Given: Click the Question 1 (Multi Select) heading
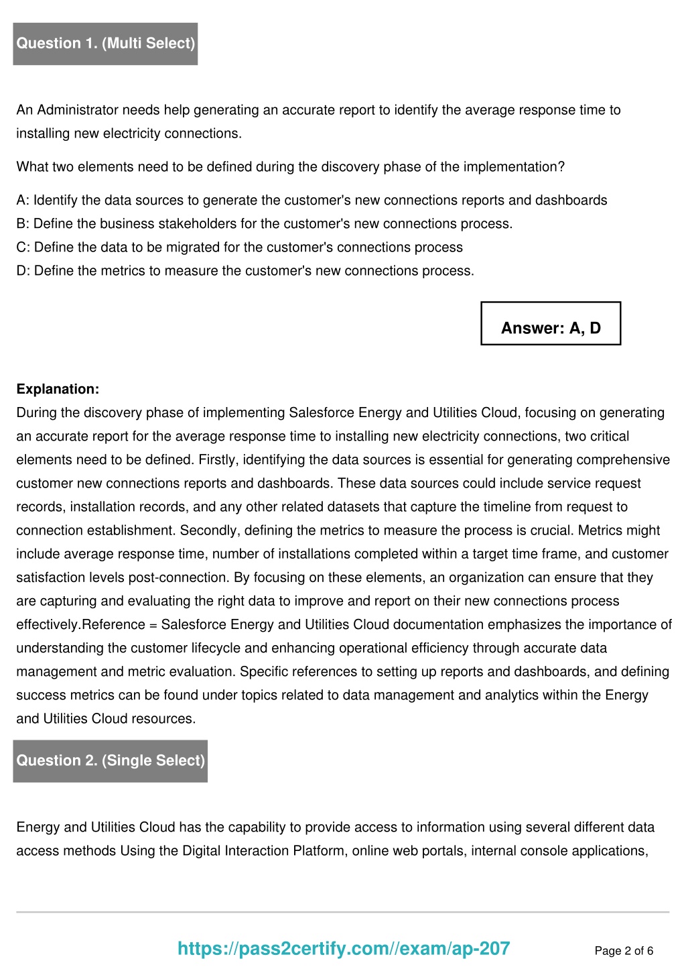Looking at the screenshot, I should [105, 44].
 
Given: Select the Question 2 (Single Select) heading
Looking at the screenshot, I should [111, 760].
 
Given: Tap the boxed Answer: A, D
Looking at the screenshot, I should [551, 328].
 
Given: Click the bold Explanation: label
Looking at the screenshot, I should [58, 389].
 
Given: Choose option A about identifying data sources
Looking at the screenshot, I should [312, 200].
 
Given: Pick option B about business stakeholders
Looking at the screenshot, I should [264, 223].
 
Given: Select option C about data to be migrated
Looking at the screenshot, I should [239, 247].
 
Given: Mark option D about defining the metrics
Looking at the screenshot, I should [245, 270].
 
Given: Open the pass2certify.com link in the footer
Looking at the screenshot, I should [344, 948].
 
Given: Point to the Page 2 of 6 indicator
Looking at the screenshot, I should [624, 951].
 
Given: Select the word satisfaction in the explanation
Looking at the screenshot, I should [52, 577].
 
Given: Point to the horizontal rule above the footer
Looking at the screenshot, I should [342, 912].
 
